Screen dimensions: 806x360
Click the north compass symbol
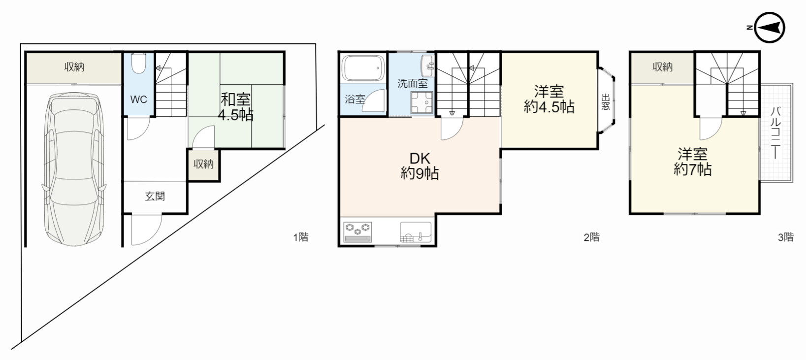769,28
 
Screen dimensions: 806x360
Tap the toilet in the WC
138,63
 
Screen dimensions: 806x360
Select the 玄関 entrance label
155,196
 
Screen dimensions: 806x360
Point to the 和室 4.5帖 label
236,107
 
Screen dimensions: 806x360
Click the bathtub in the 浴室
363,68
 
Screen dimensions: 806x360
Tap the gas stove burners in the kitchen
357,232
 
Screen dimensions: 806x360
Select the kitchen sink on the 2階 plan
416,232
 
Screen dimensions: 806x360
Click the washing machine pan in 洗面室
422,102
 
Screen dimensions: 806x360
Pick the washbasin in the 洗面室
427,66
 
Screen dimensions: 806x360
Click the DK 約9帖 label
420,166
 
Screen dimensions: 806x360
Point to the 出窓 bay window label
606,102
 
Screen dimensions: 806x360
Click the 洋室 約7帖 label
693,162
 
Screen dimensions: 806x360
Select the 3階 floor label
786,237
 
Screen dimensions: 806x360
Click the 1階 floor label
301,237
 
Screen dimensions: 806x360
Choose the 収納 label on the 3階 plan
662,67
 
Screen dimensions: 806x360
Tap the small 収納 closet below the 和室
204,165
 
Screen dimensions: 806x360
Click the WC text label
138,99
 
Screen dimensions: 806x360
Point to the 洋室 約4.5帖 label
549,99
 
